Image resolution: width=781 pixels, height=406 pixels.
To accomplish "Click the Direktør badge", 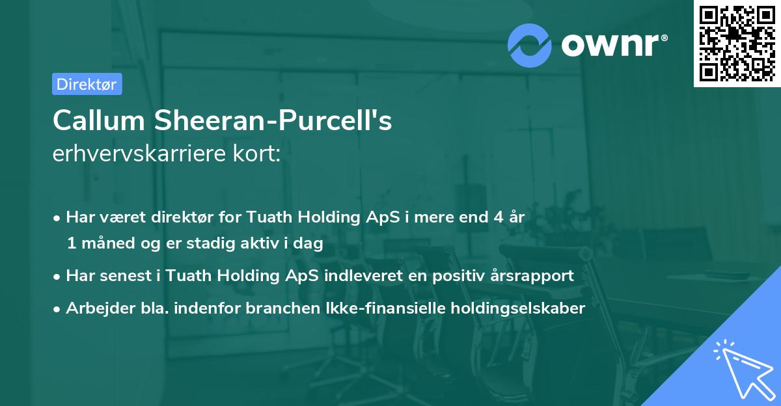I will tap(87, 83).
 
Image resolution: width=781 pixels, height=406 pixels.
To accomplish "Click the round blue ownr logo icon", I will tap(530, 45).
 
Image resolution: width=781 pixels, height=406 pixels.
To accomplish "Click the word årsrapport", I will tap(531, 276).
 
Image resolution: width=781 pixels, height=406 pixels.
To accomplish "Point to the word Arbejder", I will tap(95, 308).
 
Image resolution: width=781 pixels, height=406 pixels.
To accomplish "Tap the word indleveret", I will tap(362, 276).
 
